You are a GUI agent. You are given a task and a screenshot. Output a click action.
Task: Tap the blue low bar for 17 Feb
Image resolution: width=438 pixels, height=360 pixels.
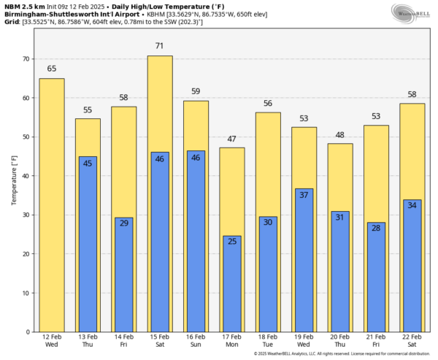231,285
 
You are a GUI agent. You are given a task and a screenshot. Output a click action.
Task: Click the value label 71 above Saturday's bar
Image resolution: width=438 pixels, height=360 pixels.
160,46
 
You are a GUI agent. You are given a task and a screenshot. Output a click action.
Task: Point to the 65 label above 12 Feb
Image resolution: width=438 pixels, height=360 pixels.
52,69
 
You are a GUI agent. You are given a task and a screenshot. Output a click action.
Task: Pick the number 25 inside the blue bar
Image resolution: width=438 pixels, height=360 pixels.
231,242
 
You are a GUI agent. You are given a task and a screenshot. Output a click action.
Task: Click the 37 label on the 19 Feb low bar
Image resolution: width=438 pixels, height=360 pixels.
304,195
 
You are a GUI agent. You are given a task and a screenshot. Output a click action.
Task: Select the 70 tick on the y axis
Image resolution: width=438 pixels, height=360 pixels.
27,58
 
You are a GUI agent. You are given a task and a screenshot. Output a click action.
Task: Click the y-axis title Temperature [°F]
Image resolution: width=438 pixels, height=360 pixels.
13,179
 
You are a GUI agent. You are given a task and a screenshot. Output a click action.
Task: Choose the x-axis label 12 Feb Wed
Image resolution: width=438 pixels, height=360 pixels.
52,341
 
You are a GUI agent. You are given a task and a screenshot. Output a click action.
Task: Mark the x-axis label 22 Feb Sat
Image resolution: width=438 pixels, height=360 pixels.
412,341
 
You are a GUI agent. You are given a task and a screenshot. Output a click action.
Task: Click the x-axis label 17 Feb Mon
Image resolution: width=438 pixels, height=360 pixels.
231,341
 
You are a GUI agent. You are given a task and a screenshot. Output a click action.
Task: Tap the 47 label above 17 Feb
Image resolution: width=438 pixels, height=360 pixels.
231,139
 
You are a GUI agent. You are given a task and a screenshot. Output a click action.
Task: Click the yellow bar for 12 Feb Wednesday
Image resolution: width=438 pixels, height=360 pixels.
52,204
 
